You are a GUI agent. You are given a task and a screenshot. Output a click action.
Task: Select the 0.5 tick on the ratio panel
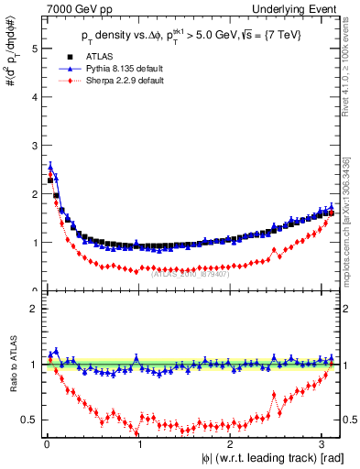click(x=29, y=420)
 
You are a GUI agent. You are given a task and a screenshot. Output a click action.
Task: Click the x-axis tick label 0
click(x=47, y=445)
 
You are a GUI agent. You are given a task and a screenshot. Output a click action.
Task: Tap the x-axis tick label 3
click(x=324, y=445)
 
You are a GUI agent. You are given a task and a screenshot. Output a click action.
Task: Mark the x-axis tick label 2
click(x=232, y=445)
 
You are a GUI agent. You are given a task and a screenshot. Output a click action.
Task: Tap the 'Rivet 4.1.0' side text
click(x=351, y=56)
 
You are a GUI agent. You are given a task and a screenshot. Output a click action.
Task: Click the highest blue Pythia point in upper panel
click(x=50, y=167)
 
